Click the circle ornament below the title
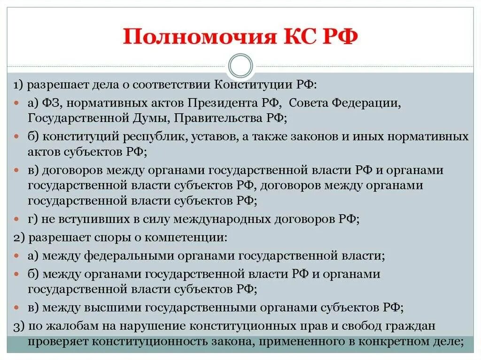(x=240, y=65)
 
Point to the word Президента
(x=223, y=102)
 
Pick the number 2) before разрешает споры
(x=19, y=237)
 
